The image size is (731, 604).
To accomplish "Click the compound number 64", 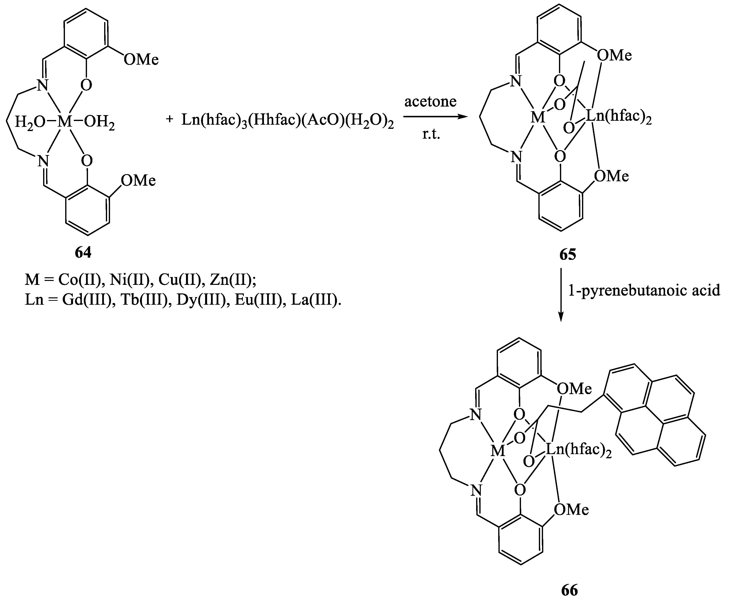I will coord(83,253).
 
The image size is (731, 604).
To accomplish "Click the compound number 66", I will coord(570,590).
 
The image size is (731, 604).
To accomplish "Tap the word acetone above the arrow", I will coord(430,102).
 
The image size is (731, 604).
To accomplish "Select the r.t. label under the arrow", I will coord(431,134).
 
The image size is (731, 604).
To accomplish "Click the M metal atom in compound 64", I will coord(64,121).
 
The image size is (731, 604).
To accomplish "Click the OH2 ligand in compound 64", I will coord(99,123).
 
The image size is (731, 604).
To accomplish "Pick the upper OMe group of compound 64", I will coord(141,60).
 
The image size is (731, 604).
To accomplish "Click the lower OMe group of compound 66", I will coord(571,510).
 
